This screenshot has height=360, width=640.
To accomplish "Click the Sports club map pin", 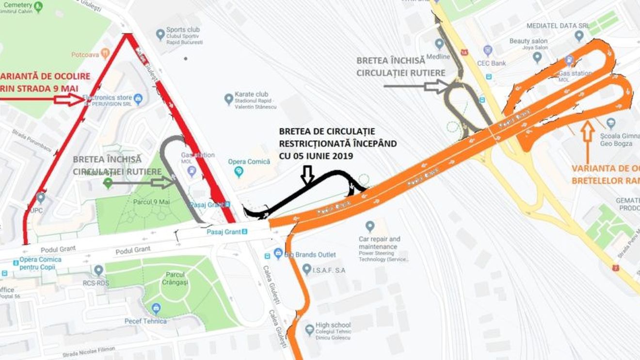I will [160, 34].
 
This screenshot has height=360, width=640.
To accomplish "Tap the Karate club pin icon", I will [229, 99].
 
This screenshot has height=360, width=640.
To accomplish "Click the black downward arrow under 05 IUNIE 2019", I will [307, 175].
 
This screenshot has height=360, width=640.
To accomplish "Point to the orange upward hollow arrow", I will [587, 141].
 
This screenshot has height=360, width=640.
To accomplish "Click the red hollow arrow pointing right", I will [69, 99].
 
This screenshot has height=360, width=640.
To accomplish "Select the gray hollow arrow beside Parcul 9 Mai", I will [162, 183].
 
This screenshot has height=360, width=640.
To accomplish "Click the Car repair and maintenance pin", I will [370, 226].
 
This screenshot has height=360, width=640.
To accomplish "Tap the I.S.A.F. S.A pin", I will [306, 269].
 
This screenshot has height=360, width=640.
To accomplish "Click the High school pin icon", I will [309, 329].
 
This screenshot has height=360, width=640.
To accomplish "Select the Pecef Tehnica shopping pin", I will [156, 308].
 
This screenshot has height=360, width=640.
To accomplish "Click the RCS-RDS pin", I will [99, 270].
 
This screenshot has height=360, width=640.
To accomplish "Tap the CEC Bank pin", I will [488, 50].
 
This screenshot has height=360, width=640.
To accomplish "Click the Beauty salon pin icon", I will [537, 57].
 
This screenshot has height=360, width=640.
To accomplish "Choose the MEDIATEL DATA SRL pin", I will [579, 35].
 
